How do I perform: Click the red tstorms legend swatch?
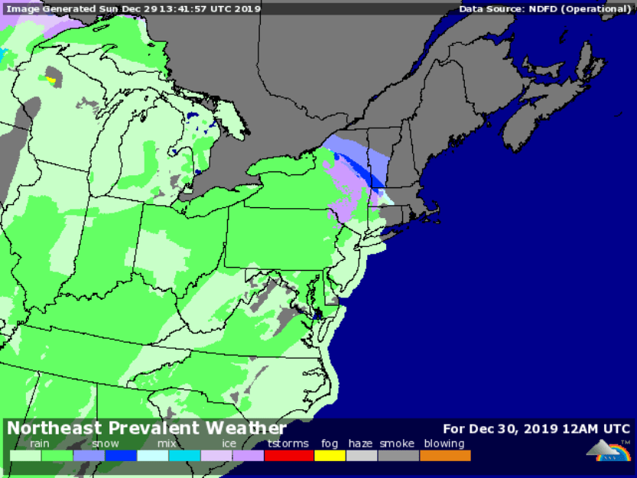click(288, 456)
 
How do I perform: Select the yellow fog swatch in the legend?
click(330, 456)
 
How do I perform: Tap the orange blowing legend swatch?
click(444, 456)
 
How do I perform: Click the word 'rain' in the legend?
click(40, 444)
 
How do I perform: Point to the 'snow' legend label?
click(106, 444)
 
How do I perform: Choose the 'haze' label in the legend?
click(361, 444)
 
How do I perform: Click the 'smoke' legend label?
click(396, 444)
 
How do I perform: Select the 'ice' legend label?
click(229, 444)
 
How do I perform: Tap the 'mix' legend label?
click(167, 444)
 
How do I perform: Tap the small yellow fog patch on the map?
click(51, 79)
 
